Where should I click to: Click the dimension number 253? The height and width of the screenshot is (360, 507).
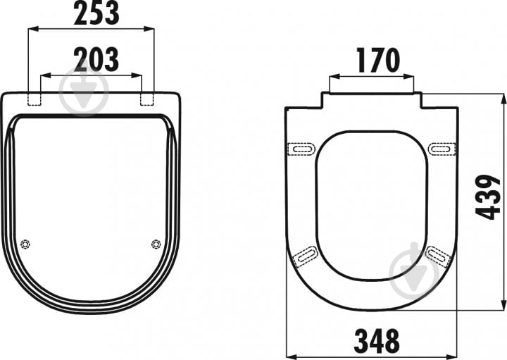pyautogui.click(x=96, y=13)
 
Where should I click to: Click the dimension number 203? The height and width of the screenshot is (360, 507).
pyautogui.click(x=96, y=59)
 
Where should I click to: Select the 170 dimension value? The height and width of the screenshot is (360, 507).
pyautogui.click(x=378, y=60)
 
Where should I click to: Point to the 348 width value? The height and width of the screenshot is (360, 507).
pyautogui.click(x=377, y=342)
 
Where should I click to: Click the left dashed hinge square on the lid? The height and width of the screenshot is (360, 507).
pyautogui.click(x=35, y=99)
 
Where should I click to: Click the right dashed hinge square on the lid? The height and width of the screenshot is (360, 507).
pyautogui.click(x=147, y=99)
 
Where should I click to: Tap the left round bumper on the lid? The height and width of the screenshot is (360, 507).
pyautogui.click(x=25, y=244)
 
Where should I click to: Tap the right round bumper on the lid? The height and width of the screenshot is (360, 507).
pyautogui.click(x=156, y=244)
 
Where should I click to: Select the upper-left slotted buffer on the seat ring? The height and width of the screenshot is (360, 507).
pyautogui.click(x=301, y=149)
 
